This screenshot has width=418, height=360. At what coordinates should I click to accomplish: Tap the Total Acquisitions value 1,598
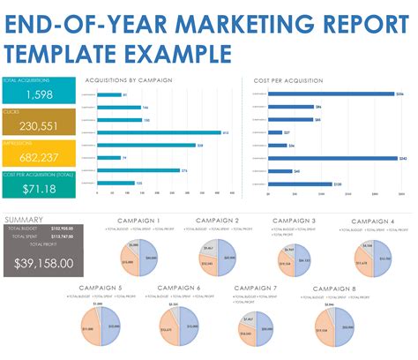point(39,94)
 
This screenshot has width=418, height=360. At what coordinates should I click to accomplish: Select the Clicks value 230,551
point(39,126)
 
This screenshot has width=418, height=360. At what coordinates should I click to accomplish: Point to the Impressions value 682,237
point(39,158)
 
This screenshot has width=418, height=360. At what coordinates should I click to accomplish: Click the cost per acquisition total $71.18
point(39,189)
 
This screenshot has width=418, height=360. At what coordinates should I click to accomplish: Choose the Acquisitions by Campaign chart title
point(128,80)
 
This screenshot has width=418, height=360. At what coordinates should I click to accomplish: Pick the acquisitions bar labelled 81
point(110,94)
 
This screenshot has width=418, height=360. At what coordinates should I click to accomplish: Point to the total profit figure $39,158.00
point(44,263)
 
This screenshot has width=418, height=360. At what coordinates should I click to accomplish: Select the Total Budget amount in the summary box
point(62,229)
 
